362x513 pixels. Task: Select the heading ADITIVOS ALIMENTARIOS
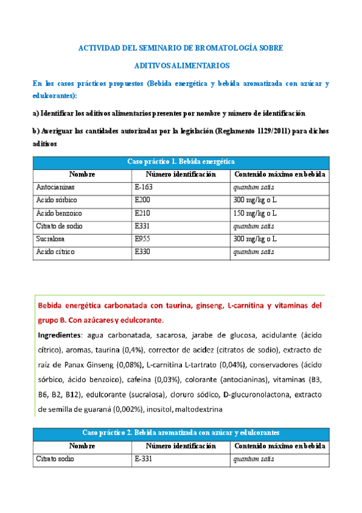181,64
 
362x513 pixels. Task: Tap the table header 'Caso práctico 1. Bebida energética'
181,162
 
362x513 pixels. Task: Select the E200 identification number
143,200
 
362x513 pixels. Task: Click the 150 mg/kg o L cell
255,213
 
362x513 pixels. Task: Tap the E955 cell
143,238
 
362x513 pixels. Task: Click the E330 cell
143,251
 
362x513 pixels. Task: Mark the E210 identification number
143,213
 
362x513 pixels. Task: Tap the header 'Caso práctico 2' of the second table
181,433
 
